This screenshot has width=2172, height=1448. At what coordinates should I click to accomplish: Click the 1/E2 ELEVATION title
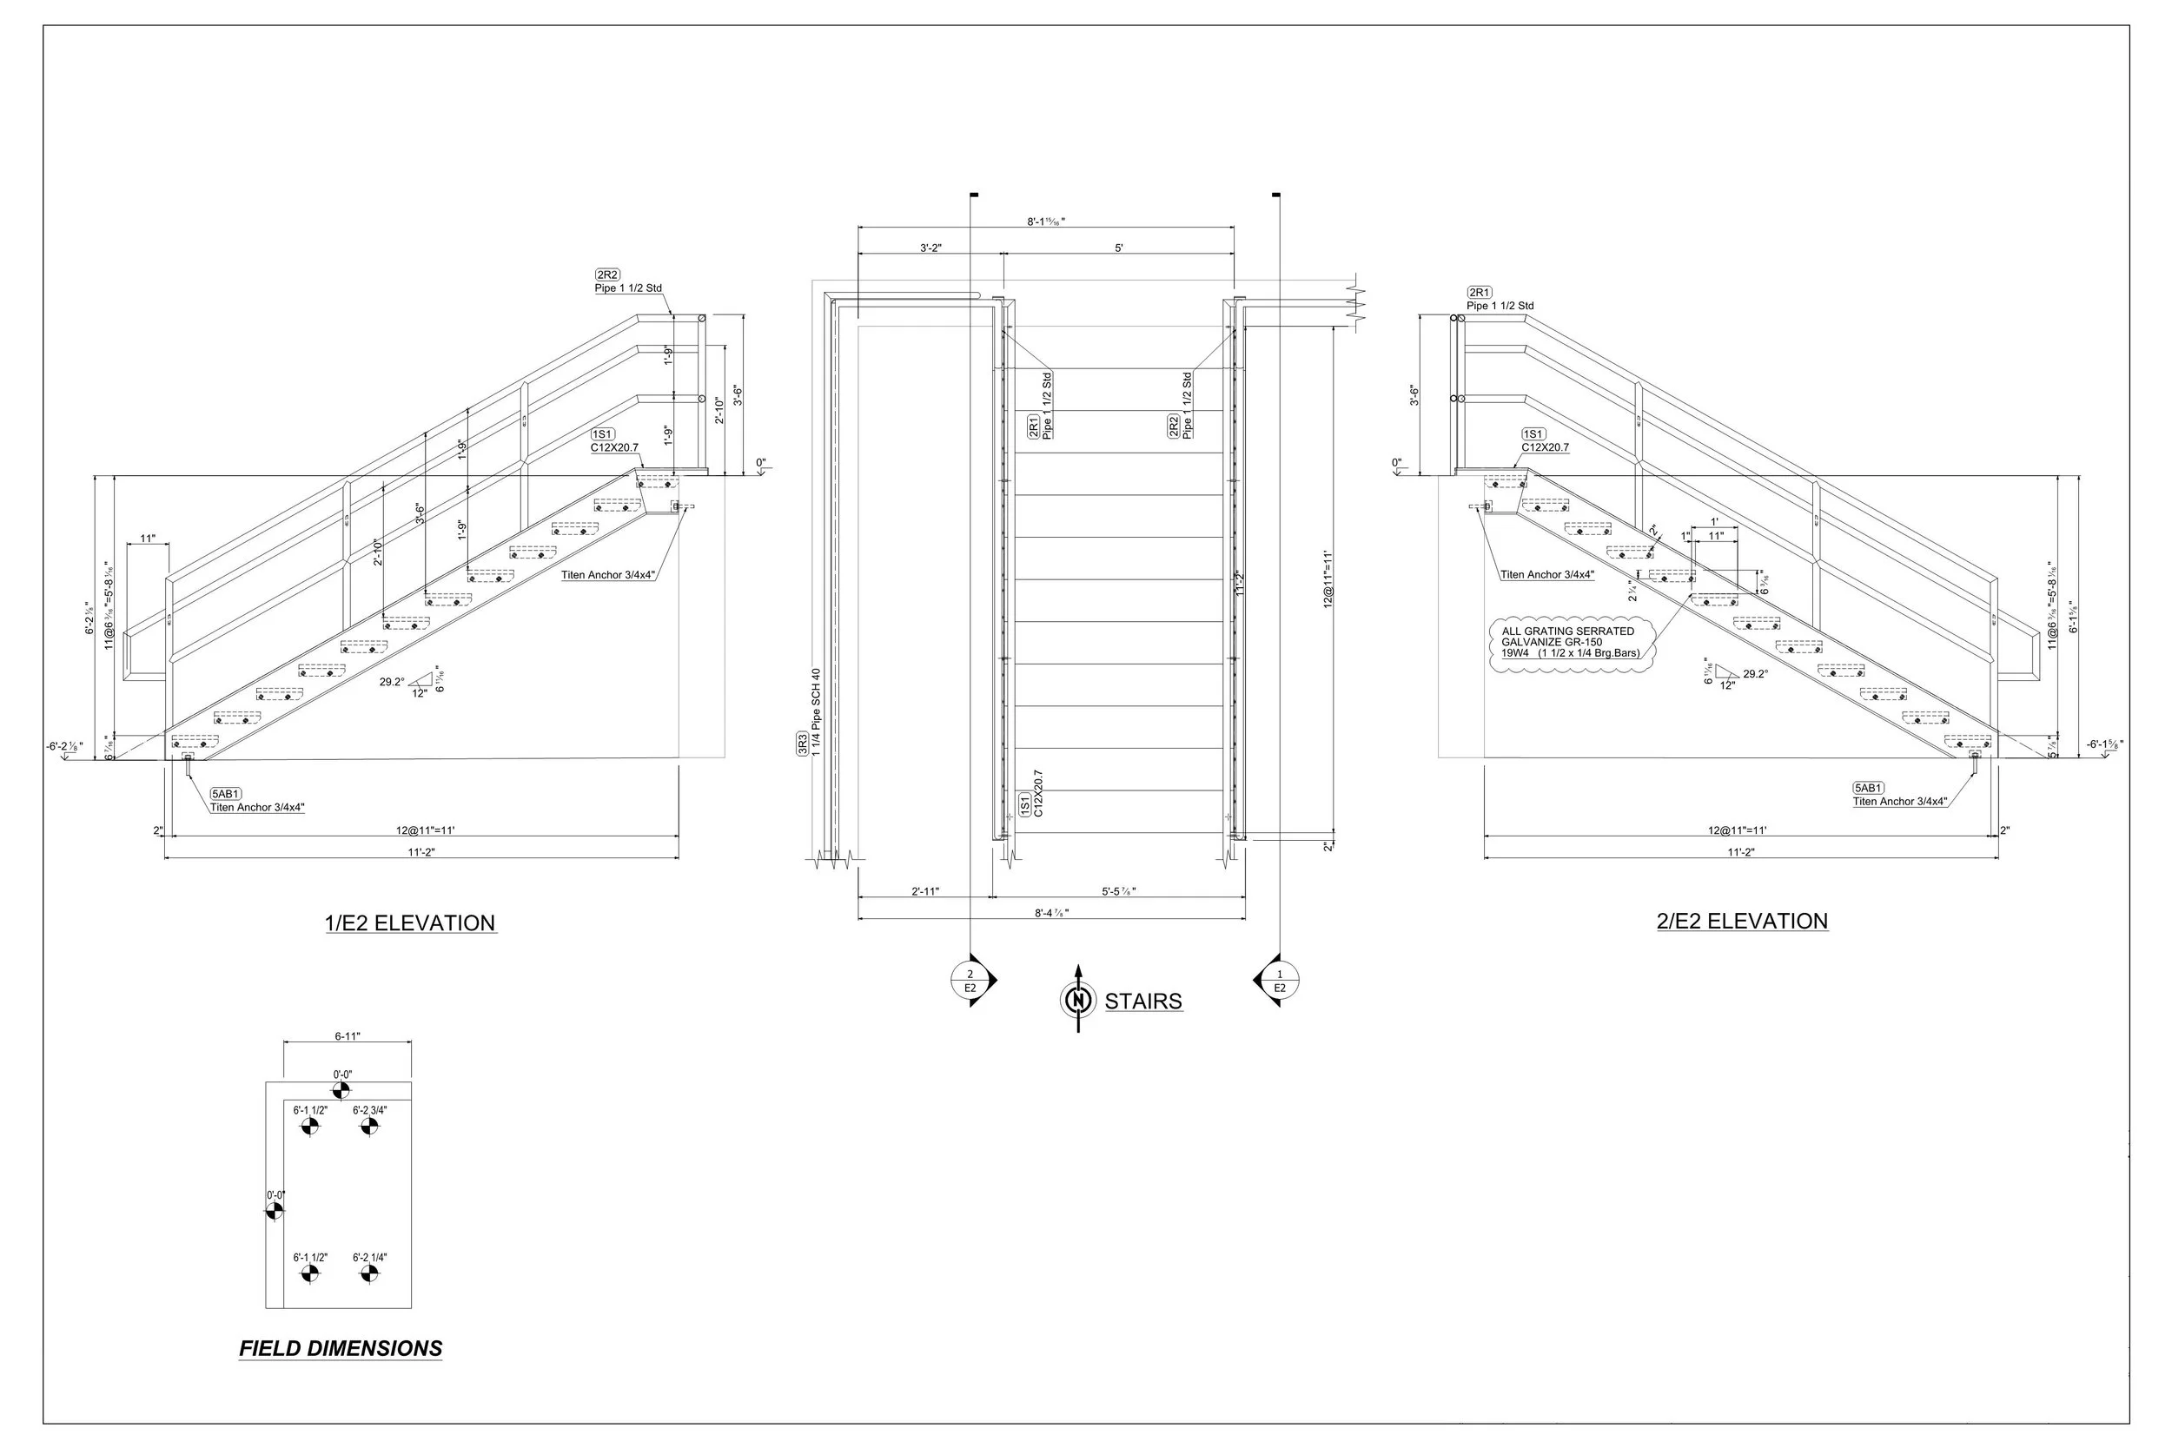point(410,923)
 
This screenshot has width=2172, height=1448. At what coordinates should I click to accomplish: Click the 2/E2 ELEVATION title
point(1742,922)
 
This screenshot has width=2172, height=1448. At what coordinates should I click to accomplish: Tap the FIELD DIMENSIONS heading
point(341,1348)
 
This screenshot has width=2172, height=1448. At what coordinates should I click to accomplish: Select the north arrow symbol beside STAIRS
point(1076,1000)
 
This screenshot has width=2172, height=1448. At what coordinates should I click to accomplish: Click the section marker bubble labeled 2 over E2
point(970,981)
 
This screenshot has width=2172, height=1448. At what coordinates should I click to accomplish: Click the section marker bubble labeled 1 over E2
point(1279,981)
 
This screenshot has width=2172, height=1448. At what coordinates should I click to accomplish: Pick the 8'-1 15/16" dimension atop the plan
point(1045,221)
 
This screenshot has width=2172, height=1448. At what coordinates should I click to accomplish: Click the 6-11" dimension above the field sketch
point(348,1036)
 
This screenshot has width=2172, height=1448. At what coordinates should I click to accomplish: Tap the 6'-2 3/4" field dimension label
point(369,1110)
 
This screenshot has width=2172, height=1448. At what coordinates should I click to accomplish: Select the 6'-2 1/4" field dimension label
point(369,1258)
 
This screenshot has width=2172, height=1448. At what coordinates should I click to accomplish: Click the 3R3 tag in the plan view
point(803,745)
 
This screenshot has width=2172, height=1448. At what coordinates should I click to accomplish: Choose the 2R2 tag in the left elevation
point(607,275)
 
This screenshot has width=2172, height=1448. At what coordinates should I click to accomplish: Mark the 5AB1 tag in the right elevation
point(1868,788)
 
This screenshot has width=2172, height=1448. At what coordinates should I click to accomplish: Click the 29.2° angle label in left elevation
point(392,683)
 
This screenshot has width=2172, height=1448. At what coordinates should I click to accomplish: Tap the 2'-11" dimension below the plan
point(925,891)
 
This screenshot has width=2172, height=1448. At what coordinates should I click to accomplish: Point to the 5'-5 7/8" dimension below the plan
point(1118,891)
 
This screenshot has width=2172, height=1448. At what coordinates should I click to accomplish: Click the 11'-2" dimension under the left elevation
point(421,852)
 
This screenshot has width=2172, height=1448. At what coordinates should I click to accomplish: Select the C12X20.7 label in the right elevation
point(1545,448)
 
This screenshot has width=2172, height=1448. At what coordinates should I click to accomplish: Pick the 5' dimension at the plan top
point(1118,248)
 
